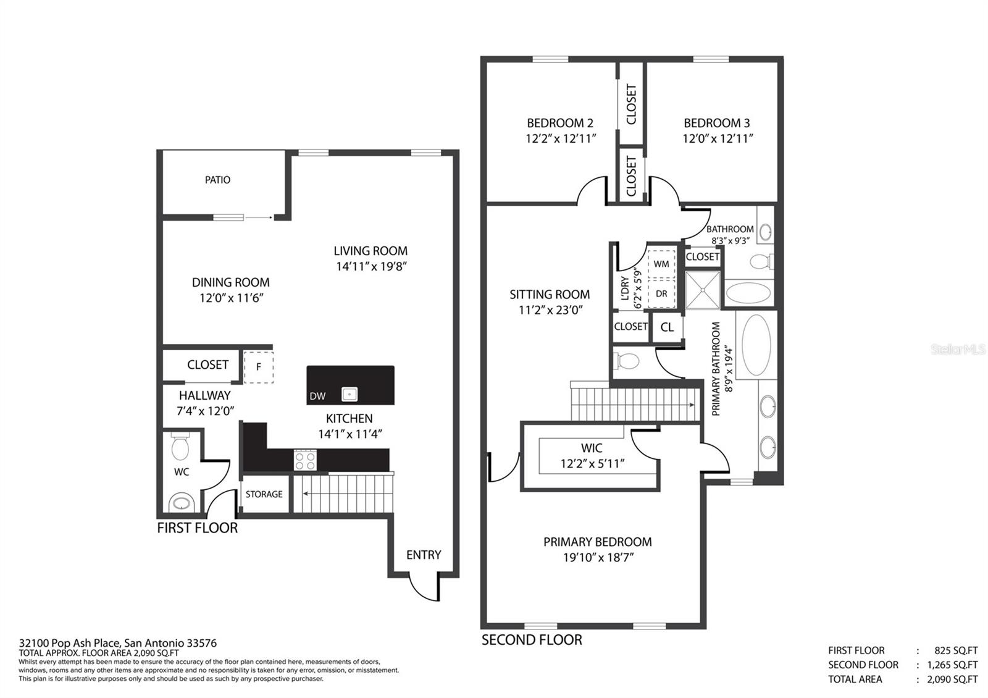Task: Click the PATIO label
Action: point(217,180)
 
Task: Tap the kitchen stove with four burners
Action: point(305,460)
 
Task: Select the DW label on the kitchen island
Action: point(317,396)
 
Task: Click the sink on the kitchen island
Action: point(350,394)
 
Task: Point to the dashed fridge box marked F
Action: point(259,367)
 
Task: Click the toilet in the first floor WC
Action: point(180,446)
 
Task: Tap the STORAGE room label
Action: point(264,494)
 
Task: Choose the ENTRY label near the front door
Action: point(424,555)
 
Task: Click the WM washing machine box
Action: point(661,264)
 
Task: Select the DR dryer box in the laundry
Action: point(661,293)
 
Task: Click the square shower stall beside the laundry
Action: point(703,290)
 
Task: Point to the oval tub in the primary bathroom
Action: point(756,345)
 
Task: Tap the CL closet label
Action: point(667,327)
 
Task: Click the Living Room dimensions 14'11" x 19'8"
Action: point(371,266)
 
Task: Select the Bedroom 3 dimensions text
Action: point(718,138)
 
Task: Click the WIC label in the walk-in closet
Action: point(592,448)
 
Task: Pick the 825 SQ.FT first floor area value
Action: point(956,650)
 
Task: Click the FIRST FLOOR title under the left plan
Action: point(197,528)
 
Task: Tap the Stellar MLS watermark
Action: point(958,350)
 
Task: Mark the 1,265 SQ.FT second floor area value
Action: point(952,665)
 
